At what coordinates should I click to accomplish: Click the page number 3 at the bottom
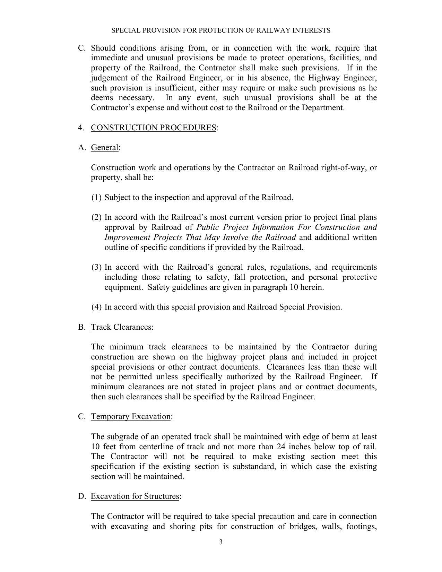click(x=220, y=542)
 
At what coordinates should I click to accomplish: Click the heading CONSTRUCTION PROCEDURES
click(x=154, y=128)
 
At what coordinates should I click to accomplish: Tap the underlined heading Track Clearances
click(x=121, y=327)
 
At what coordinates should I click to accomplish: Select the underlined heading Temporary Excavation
click(x=131, y=416)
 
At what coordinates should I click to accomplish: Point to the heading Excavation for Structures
click(x=135, y=496)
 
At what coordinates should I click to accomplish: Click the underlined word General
click(x=105, y=147)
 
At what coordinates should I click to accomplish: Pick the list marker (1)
click(x=96, y=197)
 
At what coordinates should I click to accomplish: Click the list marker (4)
click(x=96, y=307)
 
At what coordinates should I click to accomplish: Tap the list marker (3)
click(x=96, y=267)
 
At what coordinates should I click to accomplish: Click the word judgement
click(x=108, y=78)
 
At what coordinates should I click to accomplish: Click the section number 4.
click(x=81, y=128)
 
